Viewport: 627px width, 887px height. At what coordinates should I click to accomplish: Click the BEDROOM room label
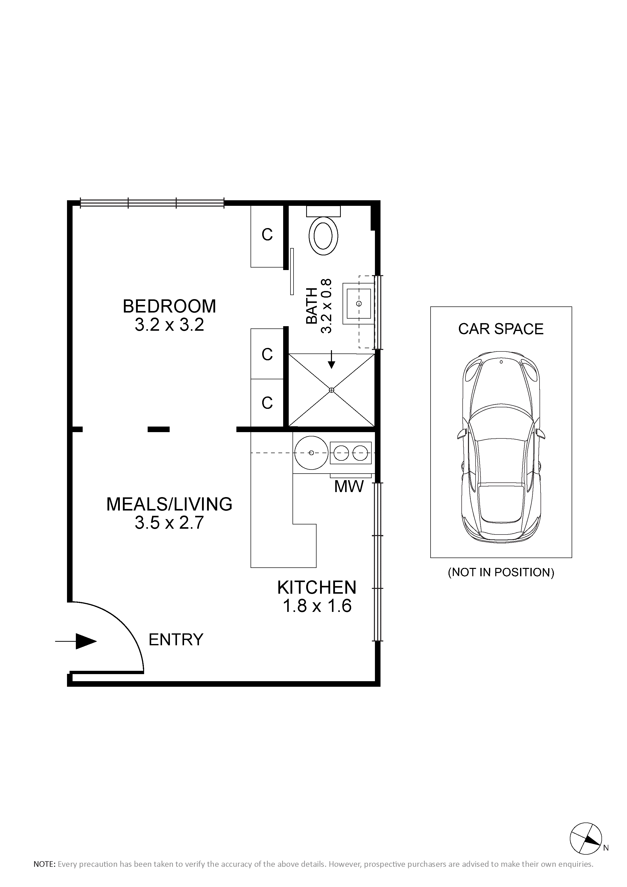click(169, 306)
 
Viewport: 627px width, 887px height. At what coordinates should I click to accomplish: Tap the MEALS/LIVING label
click(169, 504)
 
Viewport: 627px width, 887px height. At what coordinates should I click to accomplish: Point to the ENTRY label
click(176, 640)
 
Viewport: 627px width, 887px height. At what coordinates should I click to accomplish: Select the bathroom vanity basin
click(359, 303)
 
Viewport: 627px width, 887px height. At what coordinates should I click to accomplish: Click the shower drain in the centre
click(331, 390)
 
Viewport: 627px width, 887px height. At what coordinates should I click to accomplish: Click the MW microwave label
click(349, 487)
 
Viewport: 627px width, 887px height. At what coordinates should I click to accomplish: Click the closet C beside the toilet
click(267, 234)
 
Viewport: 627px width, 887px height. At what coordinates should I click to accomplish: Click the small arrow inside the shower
click(331, 359)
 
